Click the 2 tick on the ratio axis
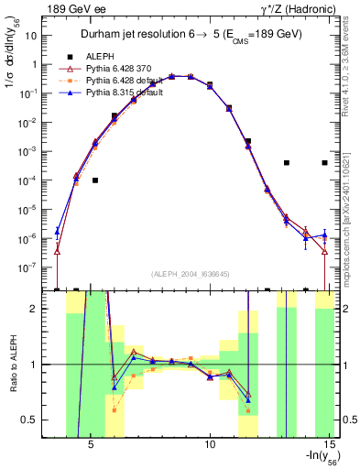[x=45, y=309]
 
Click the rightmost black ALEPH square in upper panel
[x=324, y=163]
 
